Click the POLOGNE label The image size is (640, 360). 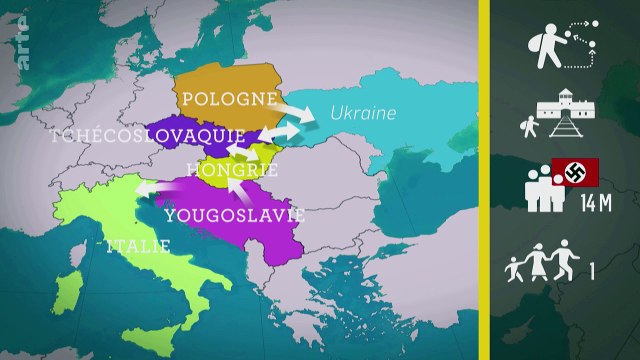coord(228,99)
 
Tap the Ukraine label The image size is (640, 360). coord(364,112)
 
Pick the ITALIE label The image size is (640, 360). coord(134,245)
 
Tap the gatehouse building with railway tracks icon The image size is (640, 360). coord(559,117)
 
